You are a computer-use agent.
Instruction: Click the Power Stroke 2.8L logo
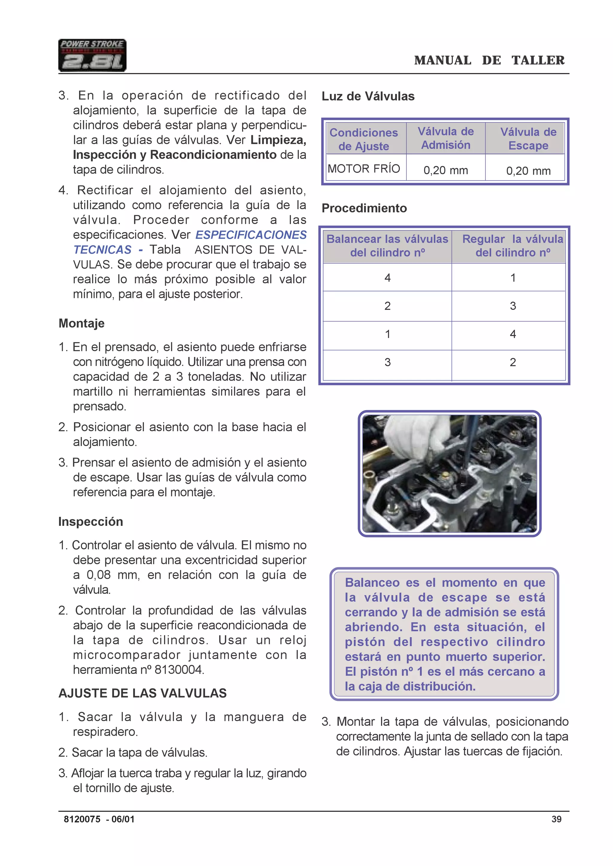pos(92,55)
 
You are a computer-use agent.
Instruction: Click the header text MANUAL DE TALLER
pos(489,60)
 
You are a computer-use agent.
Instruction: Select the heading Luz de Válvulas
pos(368,96)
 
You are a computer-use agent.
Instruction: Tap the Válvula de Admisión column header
pos(445,138)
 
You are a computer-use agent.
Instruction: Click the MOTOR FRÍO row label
pos(364,169)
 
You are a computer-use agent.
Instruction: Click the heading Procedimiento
pos(364,208)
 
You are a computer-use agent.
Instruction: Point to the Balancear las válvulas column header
pos(387,246)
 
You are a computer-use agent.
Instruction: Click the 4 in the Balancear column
pos(387,278)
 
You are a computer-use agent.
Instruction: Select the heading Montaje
pos(81,323)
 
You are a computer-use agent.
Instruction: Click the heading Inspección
pos(91,522)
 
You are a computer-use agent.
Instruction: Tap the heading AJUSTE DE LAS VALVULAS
pos(143,693)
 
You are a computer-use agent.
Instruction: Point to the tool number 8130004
pos(179,670)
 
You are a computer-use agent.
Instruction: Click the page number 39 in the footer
pos(556,819)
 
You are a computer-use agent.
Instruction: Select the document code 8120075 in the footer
pos(82,819)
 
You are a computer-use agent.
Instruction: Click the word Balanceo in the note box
pos(372,583)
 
